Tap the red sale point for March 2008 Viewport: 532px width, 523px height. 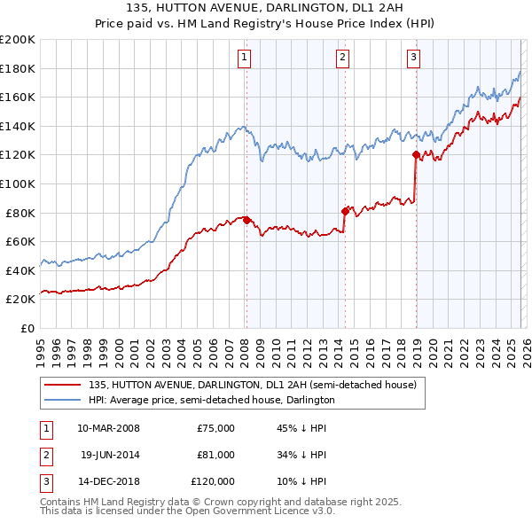(246, 220)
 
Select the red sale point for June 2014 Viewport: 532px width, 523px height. (345, 211)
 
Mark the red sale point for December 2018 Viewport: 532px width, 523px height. (416, 155)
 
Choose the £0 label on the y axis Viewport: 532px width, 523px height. (27, 328)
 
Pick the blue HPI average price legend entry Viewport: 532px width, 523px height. (211, 400)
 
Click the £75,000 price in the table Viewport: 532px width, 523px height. (215, 428)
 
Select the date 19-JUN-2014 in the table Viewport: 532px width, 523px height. (109, 455)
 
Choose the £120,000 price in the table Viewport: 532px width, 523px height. (213, 481)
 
